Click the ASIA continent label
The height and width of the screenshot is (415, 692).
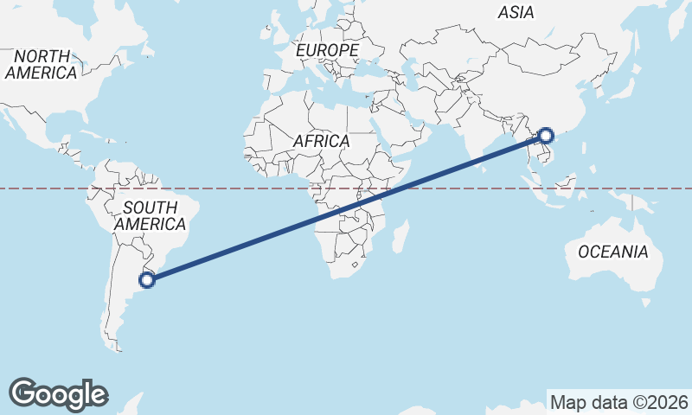click(516, 12)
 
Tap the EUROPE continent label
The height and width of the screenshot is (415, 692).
click(327, 51)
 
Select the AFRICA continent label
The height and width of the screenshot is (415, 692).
click(321, 140)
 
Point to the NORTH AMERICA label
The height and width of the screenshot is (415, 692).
click(41, 65)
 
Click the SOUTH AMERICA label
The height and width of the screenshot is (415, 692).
click(151, 215)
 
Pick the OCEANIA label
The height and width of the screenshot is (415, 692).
click(612, 252)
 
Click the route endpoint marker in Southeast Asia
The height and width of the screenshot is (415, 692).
click(546, 135)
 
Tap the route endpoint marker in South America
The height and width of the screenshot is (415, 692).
click(148, 279)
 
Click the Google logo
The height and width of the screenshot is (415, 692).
click(58, 393)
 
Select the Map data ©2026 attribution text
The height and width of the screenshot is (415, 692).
click(619, 402)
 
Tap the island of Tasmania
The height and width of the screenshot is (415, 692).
click(646, 303)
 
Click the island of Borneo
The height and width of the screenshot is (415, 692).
click(566, 184)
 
